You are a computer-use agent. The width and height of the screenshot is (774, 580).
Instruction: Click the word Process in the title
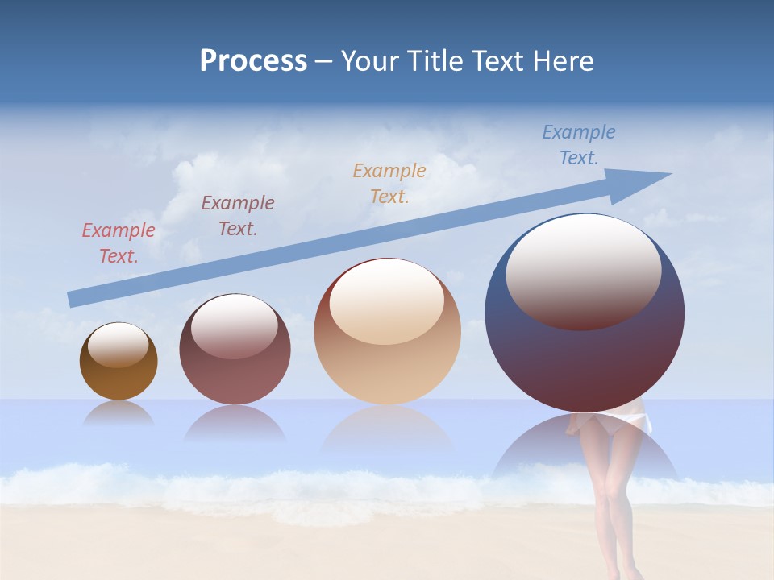253,61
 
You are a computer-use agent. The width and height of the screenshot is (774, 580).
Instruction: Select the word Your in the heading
368,61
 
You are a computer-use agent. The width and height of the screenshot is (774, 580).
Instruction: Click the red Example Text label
119,243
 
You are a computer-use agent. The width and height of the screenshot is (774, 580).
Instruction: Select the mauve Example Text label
238,216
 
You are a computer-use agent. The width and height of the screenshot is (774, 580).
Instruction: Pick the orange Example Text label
389,184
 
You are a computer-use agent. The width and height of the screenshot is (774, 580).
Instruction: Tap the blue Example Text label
579,145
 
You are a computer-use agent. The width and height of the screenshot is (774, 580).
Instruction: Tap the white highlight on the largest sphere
583,270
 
